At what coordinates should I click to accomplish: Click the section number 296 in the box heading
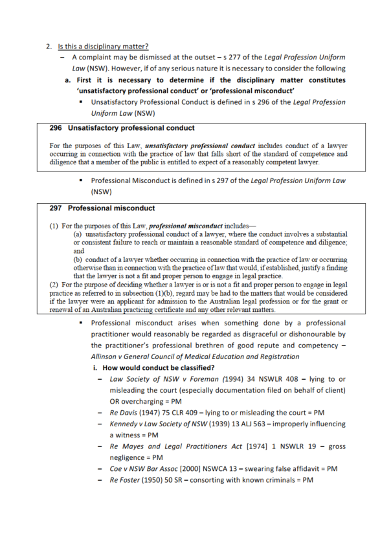[x=56, y=128]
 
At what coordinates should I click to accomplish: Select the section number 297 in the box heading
[x=56, y=208]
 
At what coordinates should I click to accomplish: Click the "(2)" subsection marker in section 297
[x=54, y=284]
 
